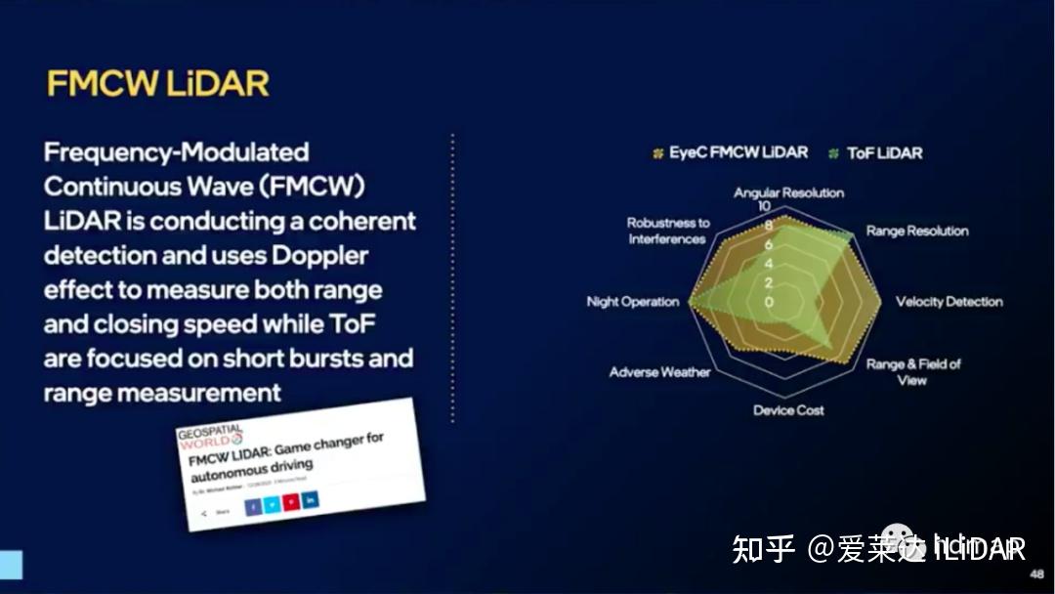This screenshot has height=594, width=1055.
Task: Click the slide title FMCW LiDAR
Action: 157,83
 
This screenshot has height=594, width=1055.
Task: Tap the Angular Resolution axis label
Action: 788,192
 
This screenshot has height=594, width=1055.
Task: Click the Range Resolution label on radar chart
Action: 916,232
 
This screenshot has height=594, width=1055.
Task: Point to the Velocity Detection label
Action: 949,302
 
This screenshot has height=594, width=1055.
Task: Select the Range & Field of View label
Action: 912,371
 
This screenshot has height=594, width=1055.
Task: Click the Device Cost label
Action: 787,410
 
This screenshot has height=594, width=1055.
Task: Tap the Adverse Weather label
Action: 659,372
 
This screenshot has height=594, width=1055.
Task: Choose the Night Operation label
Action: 632,302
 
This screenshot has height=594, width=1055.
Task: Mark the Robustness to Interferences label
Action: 668,231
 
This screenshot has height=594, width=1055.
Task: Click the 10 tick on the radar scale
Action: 765,207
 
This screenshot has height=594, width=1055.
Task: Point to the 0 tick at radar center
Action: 769,302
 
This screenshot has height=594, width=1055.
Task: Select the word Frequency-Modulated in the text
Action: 177,152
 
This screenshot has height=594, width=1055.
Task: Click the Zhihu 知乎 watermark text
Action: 765,548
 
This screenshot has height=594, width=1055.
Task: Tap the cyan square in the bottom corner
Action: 11,565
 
